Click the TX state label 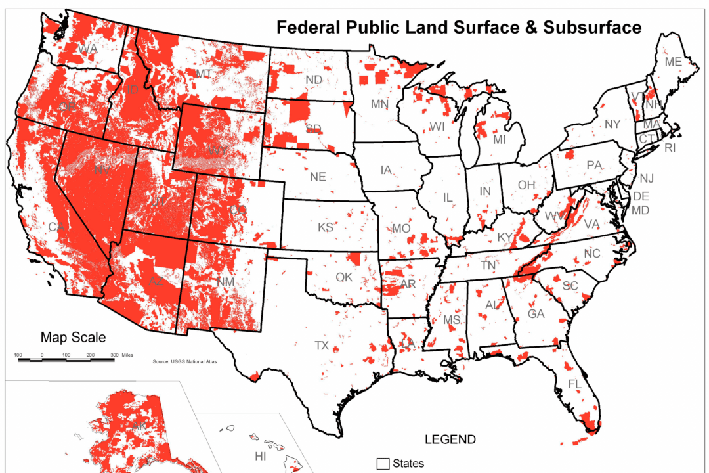(x=322, y=346)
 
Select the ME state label (x=673, y=62)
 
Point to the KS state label (x=326, y=227)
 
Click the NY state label (x=612, y=124)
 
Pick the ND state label (x=314, y=79)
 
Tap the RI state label (x=670, y=148)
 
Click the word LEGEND (x=450, y=439)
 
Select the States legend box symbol (x=383, y=464)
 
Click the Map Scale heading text (x=73, y=338)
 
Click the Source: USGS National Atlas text (x=184, y=361)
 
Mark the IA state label (x=387, y=170)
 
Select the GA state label (x=536, y=314)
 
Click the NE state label (x=318, y=177)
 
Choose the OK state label (x=344, y=277)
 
